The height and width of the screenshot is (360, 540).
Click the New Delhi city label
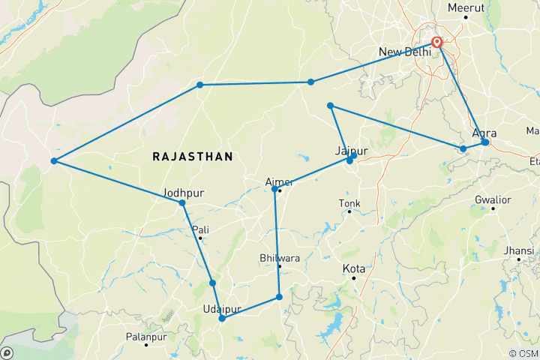click(405, 52)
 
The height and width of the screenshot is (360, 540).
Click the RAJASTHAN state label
click(192, 156)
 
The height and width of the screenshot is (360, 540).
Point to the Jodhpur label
click(182, 192)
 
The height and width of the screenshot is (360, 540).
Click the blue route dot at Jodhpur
click(182, 202)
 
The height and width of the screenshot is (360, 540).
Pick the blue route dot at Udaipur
click(222, 319)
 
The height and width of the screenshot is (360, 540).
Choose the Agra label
click(485, 133)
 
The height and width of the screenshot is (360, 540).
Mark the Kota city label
click(353, 268)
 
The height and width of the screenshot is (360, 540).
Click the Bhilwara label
click(278, 258)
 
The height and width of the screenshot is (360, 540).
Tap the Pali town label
click(200, 229)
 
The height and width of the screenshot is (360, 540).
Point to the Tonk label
click(349, 202)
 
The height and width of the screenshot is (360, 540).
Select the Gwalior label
click(493, 199)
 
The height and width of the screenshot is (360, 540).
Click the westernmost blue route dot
click(54, 161)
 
